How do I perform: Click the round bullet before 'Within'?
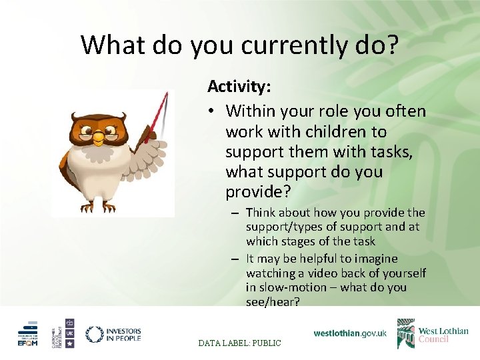tap(213, 111)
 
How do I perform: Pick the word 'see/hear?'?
tap(273, 302)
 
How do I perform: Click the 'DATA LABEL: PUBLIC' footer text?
tap(240, 343)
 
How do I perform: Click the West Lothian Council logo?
tap(433, 333)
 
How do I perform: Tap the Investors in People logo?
tap(113, 334)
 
